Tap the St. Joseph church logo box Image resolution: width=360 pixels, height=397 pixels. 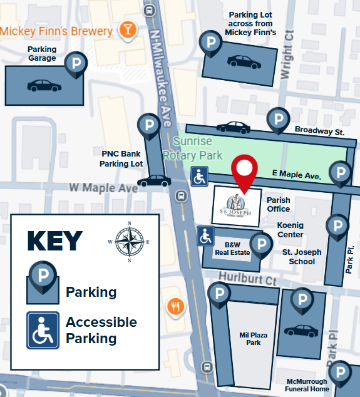(237, 205)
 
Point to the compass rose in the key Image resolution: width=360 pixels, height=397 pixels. (130, 240)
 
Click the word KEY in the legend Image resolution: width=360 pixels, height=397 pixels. (55, 241)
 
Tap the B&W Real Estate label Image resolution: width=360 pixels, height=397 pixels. (232, 249)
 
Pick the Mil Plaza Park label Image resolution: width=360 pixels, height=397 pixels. (254, 339)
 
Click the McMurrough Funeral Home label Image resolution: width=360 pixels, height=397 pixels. (307, 385)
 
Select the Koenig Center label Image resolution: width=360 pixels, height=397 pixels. (291, 230)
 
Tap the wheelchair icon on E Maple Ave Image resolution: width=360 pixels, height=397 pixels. (200, 177)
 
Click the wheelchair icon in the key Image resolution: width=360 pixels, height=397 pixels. (43, 330)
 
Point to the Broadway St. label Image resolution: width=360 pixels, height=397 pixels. (320, 132)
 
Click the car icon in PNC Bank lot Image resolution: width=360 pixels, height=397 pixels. (154, 181)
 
